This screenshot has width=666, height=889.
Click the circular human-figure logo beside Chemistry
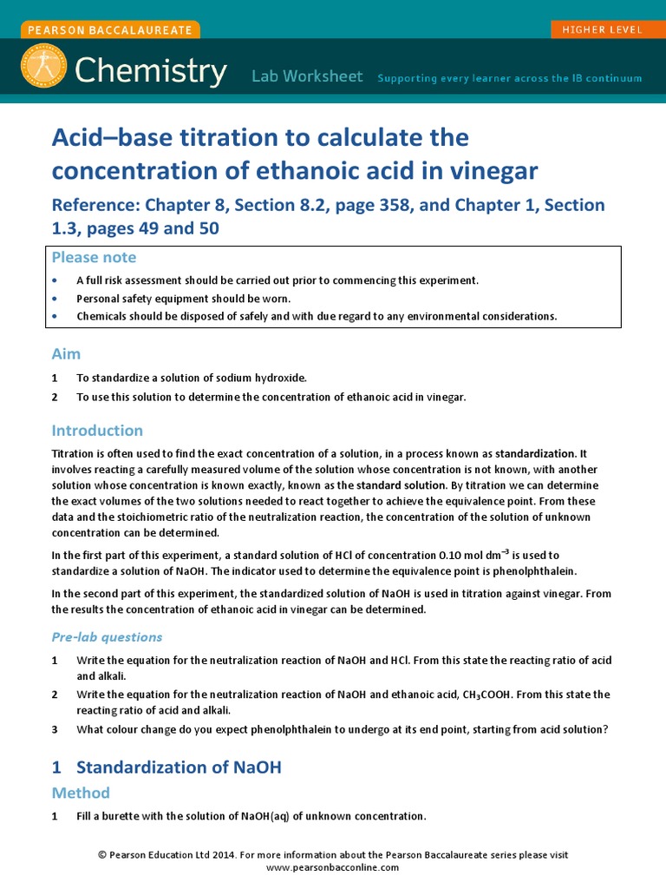(43, 65)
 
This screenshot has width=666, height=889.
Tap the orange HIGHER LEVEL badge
(602, 30)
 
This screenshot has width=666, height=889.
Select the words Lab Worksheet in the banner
(307, 76)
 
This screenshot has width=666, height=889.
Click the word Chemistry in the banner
(151, 69)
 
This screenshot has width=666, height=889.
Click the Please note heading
(94, 257)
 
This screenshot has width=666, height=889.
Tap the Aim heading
(66, 354)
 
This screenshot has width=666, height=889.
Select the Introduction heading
(97, 431)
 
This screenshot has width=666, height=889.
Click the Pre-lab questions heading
(107, 637)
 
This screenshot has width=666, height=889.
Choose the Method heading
(81, 793)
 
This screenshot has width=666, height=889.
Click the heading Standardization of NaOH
(179, 767)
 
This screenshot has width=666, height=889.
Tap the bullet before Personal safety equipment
(55, 299)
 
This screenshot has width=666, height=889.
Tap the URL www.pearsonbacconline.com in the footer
(332, 867)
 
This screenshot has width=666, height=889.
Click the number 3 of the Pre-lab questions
(55, 729)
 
